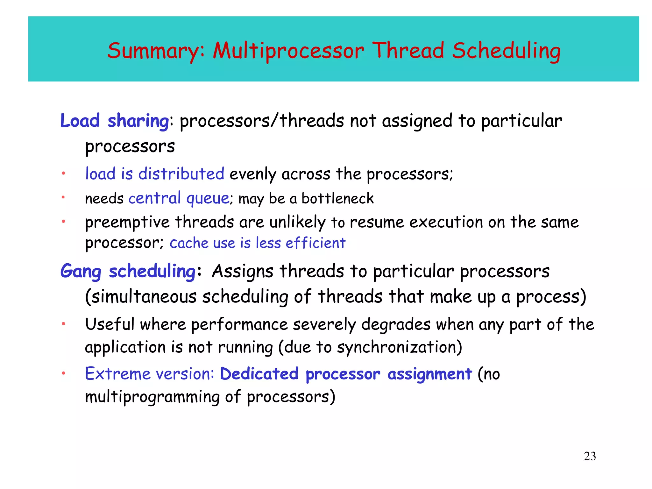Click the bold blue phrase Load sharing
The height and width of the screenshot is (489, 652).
click(115, 121)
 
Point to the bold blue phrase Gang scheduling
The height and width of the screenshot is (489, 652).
click(128, 271)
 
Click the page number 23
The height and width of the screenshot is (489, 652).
click(590, 456)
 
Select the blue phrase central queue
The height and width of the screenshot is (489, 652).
click(179, 198)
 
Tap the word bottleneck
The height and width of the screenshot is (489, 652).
click(337, 199)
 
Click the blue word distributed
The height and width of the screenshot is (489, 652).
click(181, 174)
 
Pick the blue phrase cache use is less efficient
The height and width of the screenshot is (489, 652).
click(257, 243)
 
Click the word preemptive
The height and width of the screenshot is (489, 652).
click(127, 222)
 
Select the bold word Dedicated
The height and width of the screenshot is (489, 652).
click(259, 374)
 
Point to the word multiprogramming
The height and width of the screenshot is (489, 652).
click(152, 397)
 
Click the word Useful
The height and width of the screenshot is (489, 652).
click(110, 324)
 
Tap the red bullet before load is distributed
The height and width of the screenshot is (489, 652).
click(63, 174)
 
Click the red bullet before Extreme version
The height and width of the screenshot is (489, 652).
click(63, 373)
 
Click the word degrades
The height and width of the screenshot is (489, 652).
click(396, 324)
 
